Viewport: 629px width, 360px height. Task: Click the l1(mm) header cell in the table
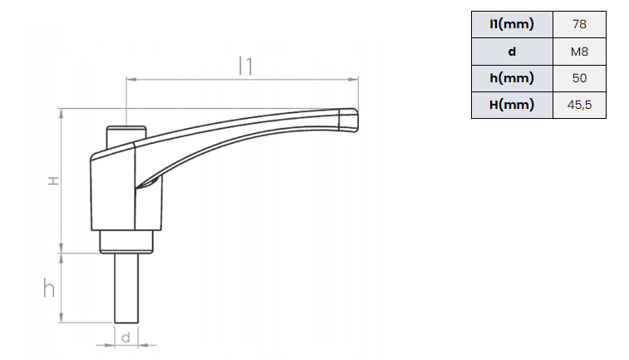point(512,24)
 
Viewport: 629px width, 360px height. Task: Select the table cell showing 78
point(579,24)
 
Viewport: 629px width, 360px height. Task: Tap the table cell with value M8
point(579,52)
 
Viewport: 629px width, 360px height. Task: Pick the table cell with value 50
point(579,78)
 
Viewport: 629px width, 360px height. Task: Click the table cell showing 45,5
point(579,105)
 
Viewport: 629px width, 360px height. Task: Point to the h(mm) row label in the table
point(512,78)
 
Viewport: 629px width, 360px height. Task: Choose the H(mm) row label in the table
point(512,105)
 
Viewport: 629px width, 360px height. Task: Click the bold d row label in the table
point(512,52)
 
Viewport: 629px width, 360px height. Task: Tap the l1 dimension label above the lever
point(245,67)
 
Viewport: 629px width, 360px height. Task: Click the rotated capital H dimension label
point(53,181)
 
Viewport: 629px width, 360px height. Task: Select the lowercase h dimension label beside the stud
point(49,288)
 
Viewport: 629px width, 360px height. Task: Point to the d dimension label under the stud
point(126,338)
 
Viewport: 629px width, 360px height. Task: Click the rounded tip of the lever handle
point(353,120)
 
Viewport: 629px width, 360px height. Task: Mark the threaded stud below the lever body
point(126,288)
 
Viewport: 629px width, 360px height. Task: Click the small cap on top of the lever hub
point(126,135)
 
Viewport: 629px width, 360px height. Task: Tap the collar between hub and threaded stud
point(126,242)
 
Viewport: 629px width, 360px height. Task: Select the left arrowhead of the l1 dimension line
point(131,80)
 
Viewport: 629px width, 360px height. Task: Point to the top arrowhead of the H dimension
point(61,114)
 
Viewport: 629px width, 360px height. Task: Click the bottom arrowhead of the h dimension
point(61,317)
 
